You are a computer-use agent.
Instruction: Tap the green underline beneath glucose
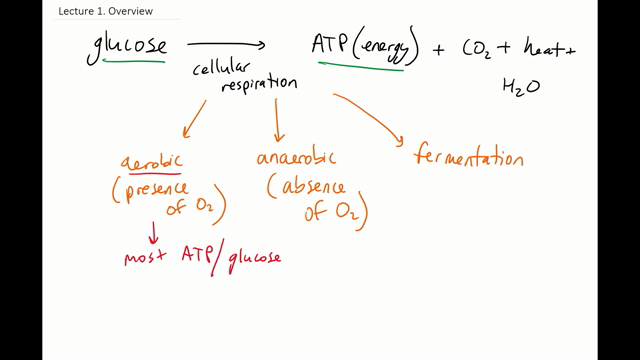pyautogui.click(x=134, y=62)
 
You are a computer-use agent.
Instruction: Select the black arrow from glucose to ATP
pyautogui.click(x=226, y=44)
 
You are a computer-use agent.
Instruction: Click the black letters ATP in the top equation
pyautogui.click(x=329, y=46)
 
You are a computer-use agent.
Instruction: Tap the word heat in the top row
pyautogui.click(x=541, y=48)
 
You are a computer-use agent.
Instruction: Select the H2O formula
pyautogui.click(x=520, y=87)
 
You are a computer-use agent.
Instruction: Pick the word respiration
pyautogui.click(x=258, y=86)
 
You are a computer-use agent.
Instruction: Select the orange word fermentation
pyautogui.click(x=468, y=158)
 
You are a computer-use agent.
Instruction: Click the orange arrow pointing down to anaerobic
pyautogui.click(x=278, y=122)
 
